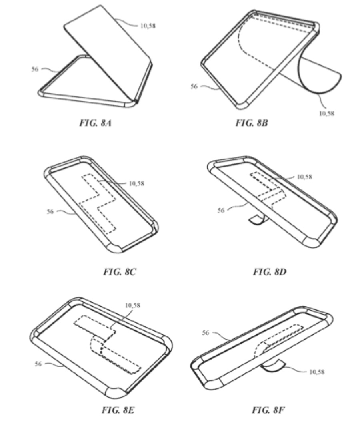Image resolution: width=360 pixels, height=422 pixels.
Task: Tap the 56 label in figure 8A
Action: pos(35,69)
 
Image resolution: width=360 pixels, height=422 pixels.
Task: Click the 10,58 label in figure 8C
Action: pos(136,183)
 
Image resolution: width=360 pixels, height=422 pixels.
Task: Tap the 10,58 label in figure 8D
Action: pos(305,177)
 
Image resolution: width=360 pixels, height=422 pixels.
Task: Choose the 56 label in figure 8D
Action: pos(221,210)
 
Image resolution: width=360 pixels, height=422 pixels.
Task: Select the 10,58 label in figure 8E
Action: pos(132,305)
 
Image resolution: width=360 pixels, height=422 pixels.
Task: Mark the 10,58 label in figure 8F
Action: pos(317,372)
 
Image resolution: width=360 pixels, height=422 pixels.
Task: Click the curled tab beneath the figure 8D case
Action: pos(255,219)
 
